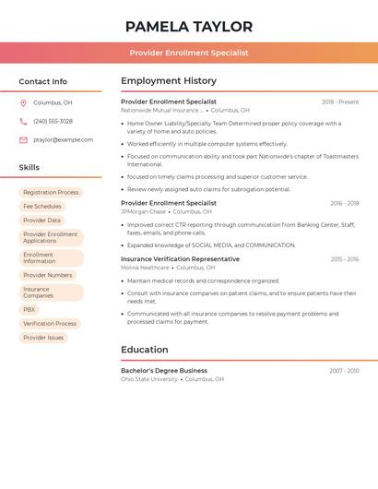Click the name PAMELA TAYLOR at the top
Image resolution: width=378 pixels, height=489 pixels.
click(x=189, y=27)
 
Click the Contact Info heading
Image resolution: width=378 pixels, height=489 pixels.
click(x=43, y=82)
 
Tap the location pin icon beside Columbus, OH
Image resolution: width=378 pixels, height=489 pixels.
click(x=23, y=103)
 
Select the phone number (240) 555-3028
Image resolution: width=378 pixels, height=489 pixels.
click(x=53, y=122)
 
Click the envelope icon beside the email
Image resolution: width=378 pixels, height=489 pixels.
click(x=23, y=140)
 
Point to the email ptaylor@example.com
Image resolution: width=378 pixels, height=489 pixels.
click(x=63, y=140)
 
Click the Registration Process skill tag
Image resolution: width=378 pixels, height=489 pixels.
click(x=51, y=193)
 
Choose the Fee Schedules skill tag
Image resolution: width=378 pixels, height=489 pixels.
click(x=42, y=207)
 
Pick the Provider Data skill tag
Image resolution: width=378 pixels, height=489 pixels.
click(x=41, y=221)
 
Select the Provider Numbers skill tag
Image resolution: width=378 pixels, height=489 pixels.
click(x=47, y=275)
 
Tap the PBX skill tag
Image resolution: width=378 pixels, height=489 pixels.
click(x=30, y=310)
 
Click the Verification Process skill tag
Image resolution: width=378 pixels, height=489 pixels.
click(x=50, y=324)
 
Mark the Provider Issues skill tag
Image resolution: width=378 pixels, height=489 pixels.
click(x=43, y=338)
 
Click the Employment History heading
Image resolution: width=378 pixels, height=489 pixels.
click(x=169, y=81)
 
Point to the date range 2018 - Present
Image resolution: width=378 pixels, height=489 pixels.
click(x=340, y=102)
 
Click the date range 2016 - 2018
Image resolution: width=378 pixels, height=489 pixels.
click(x=345, y=203)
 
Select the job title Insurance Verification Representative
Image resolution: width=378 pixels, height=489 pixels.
click(x=180, y=259)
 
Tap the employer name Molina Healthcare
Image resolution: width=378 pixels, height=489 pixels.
click(x=145, y=268)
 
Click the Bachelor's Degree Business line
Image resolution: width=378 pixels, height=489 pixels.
click(x=164, y=371)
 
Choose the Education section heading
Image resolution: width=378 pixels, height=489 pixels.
click(x=145, y=350)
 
